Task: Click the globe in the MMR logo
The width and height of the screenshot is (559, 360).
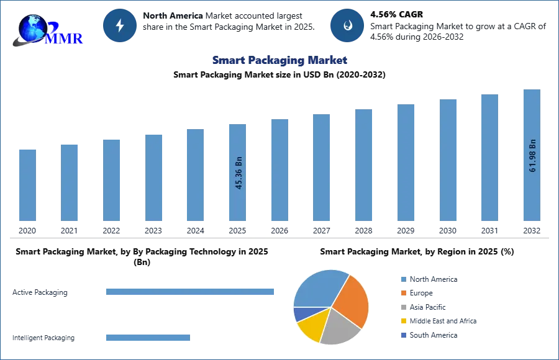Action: [31, 27]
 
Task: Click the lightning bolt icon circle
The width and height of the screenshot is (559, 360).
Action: [120, 25]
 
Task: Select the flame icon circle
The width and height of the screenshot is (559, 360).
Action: [347, 25]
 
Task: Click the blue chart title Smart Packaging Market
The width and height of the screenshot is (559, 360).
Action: [279, 61]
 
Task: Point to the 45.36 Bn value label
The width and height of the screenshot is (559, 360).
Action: [239, 173]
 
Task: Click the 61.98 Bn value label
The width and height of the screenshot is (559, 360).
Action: [532, 155]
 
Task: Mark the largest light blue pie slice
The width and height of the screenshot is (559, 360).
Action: [320, 287]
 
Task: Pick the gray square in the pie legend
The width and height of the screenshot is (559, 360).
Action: [402, 307]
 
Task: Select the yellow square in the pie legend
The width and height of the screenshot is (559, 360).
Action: [402, 322]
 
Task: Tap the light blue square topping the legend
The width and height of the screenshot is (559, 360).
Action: [402, 279]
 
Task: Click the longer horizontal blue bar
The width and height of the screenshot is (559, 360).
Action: [191, 292]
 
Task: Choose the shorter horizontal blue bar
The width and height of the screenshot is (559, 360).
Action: [148, 338]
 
